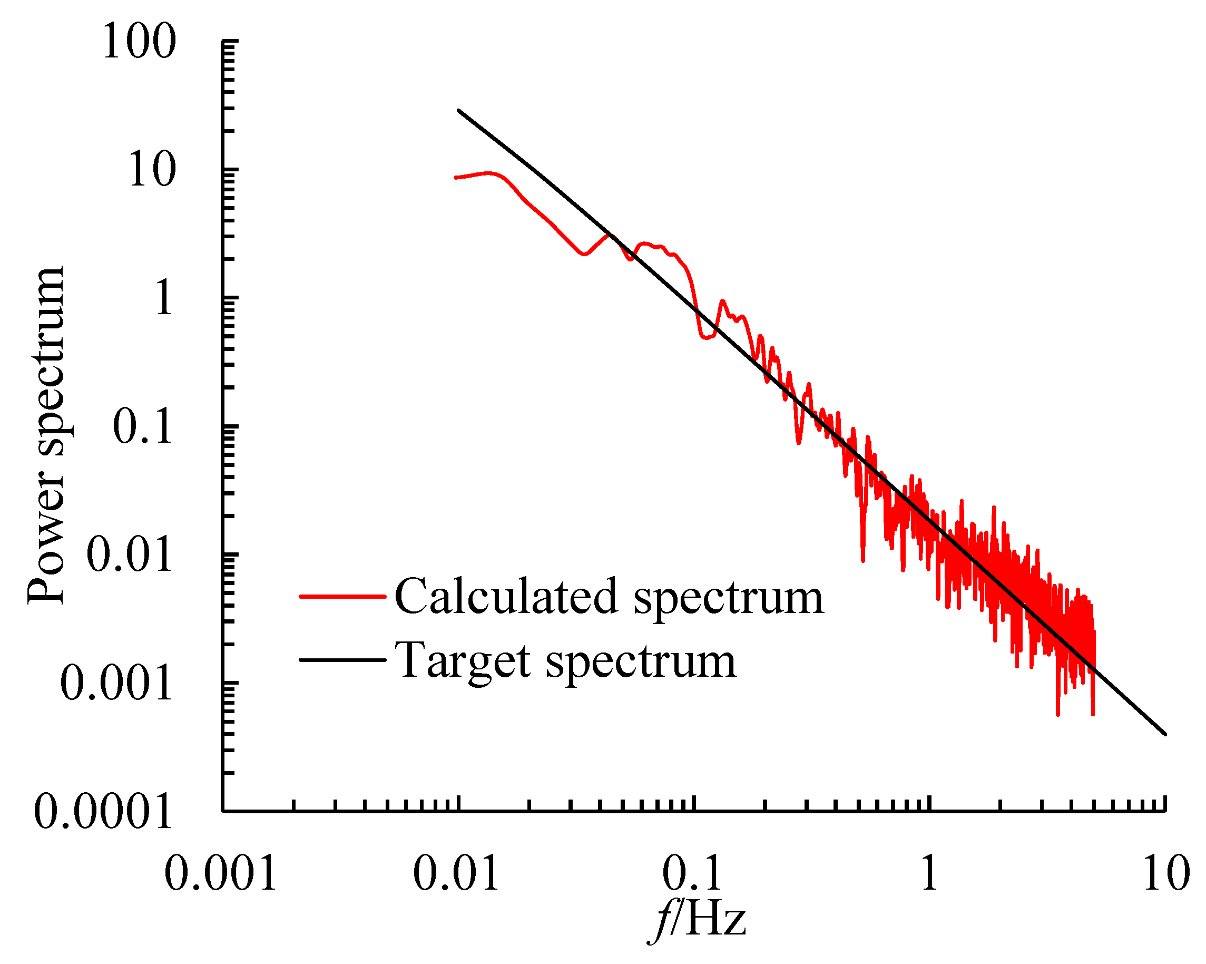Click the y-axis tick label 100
pos(139,43)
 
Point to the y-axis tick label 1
pos(164,298)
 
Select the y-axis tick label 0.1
pos(143,427)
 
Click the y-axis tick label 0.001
pos(116,684)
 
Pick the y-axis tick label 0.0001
pos(103,812)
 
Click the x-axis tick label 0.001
pos(221,874)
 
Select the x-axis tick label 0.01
pos(456,874)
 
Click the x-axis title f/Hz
pos(698,920)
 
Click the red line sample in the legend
pos(342,597)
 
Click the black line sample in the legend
pos(342,660)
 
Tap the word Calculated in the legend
pos(506,597)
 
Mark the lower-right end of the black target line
pos(1165,734)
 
